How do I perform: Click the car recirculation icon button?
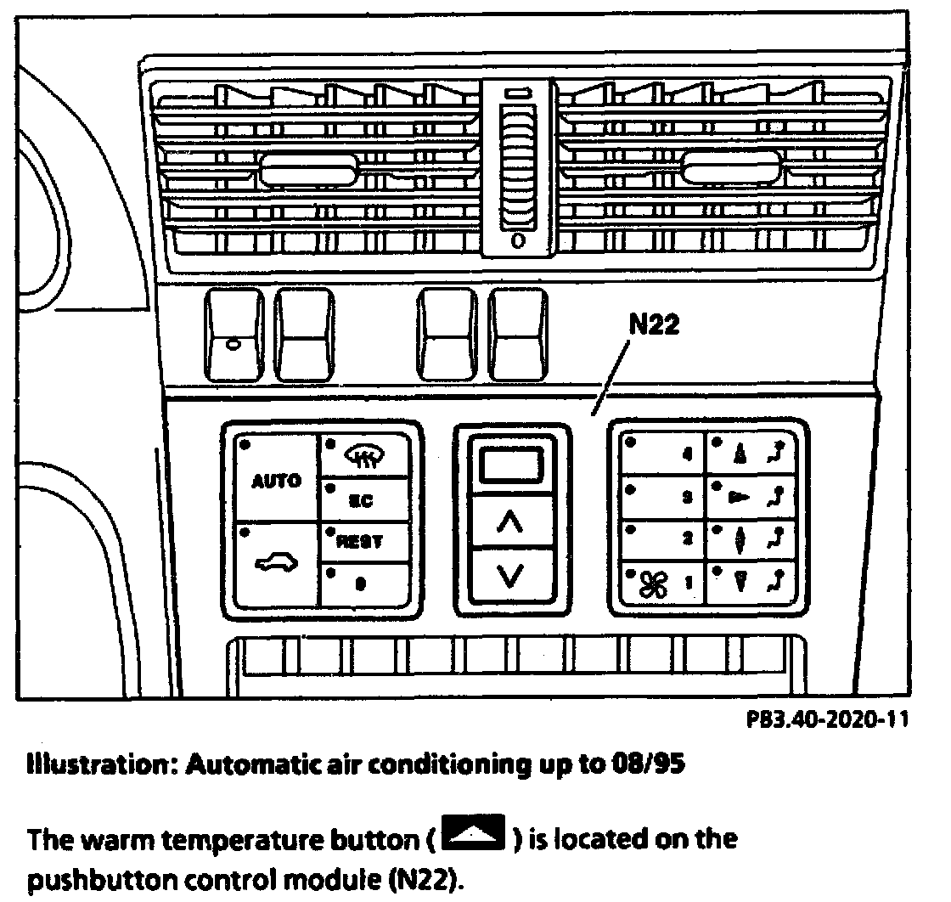pyautogui.click(x=276, y=562)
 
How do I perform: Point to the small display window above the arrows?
pyautogui.click(x=510, y=465)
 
